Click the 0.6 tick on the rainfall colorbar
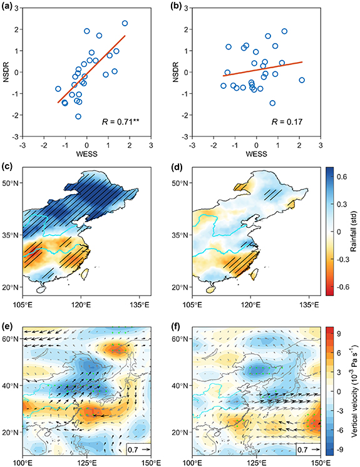click(337, 177)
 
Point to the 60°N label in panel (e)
click(12, 339)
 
